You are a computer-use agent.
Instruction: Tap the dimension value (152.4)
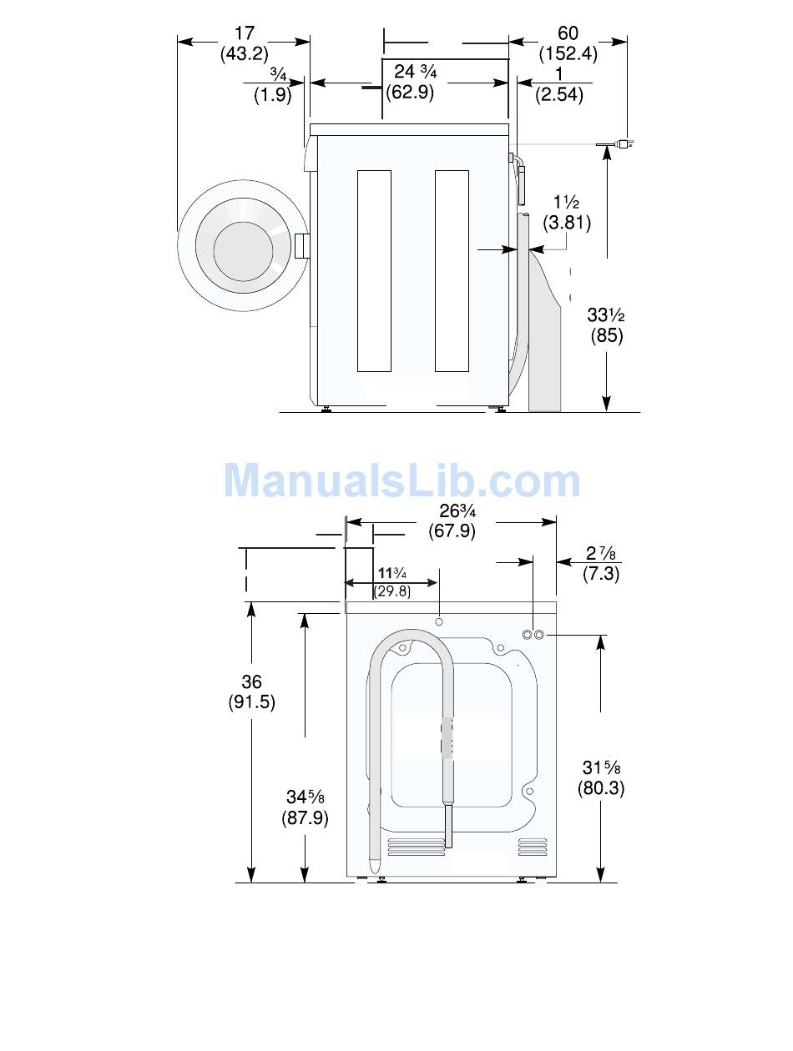pos(568,53)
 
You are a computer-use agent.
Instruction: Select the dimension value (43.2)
pos(244,53)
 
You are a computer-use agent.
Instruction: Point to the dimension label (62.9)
pos(410,92)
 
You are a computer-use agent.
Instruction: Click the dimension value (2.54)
pos(558,94)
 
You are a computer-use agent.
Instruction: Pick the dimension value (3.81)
pos(566,223)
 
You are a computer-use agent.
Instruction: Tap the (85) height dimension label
pos(607,335)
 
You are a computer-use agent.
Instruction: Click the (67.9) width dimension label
pos(452,531)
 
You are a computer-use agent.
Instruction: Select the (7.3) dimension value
pos(601,573)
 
